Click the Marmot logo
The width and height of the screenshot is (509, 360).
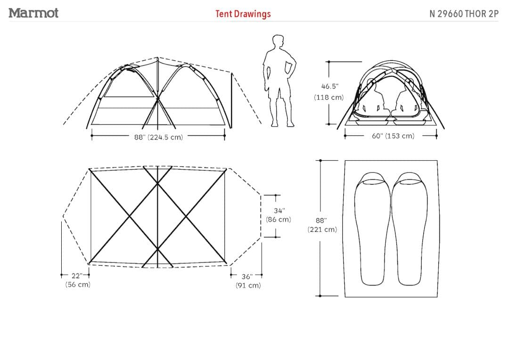[x=33, y=13]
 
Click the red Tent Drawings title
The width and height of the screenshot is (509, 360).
[x=243, y=14]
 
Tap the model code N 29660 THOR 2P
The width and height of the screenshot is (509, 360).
[x=464, y=14]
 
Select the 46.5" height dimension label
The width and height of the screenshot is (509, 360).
[x=329, y=87]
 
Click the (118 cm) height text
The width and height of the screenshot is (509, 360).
[x=329, y=98]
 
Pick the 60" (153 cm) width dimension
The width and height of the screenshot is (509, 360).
[x=393, y=136]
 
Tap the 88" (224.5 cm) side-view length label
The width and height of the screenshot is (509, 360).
[x=158, y=137]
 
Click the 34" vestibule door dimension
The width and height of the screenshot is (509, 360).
[x=279, y=211]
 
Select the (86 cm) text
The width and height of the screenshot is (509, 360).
[x=279, y=220]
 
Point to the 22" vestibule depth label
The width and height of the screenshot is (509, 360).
[x=75, y=276]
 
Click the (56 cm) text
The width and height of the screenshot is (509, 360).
[x=78, y=285]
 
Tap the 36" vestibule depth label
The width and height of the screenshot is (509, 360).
[x=247, y=277]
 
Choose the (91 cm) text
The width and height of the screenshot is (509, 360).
[x=248, y=286]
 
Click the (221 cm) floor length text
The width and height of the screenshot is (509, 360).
[x=322, y=229]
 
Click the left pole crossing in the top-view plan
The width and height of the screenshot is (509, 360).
[x=130, y=217]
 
